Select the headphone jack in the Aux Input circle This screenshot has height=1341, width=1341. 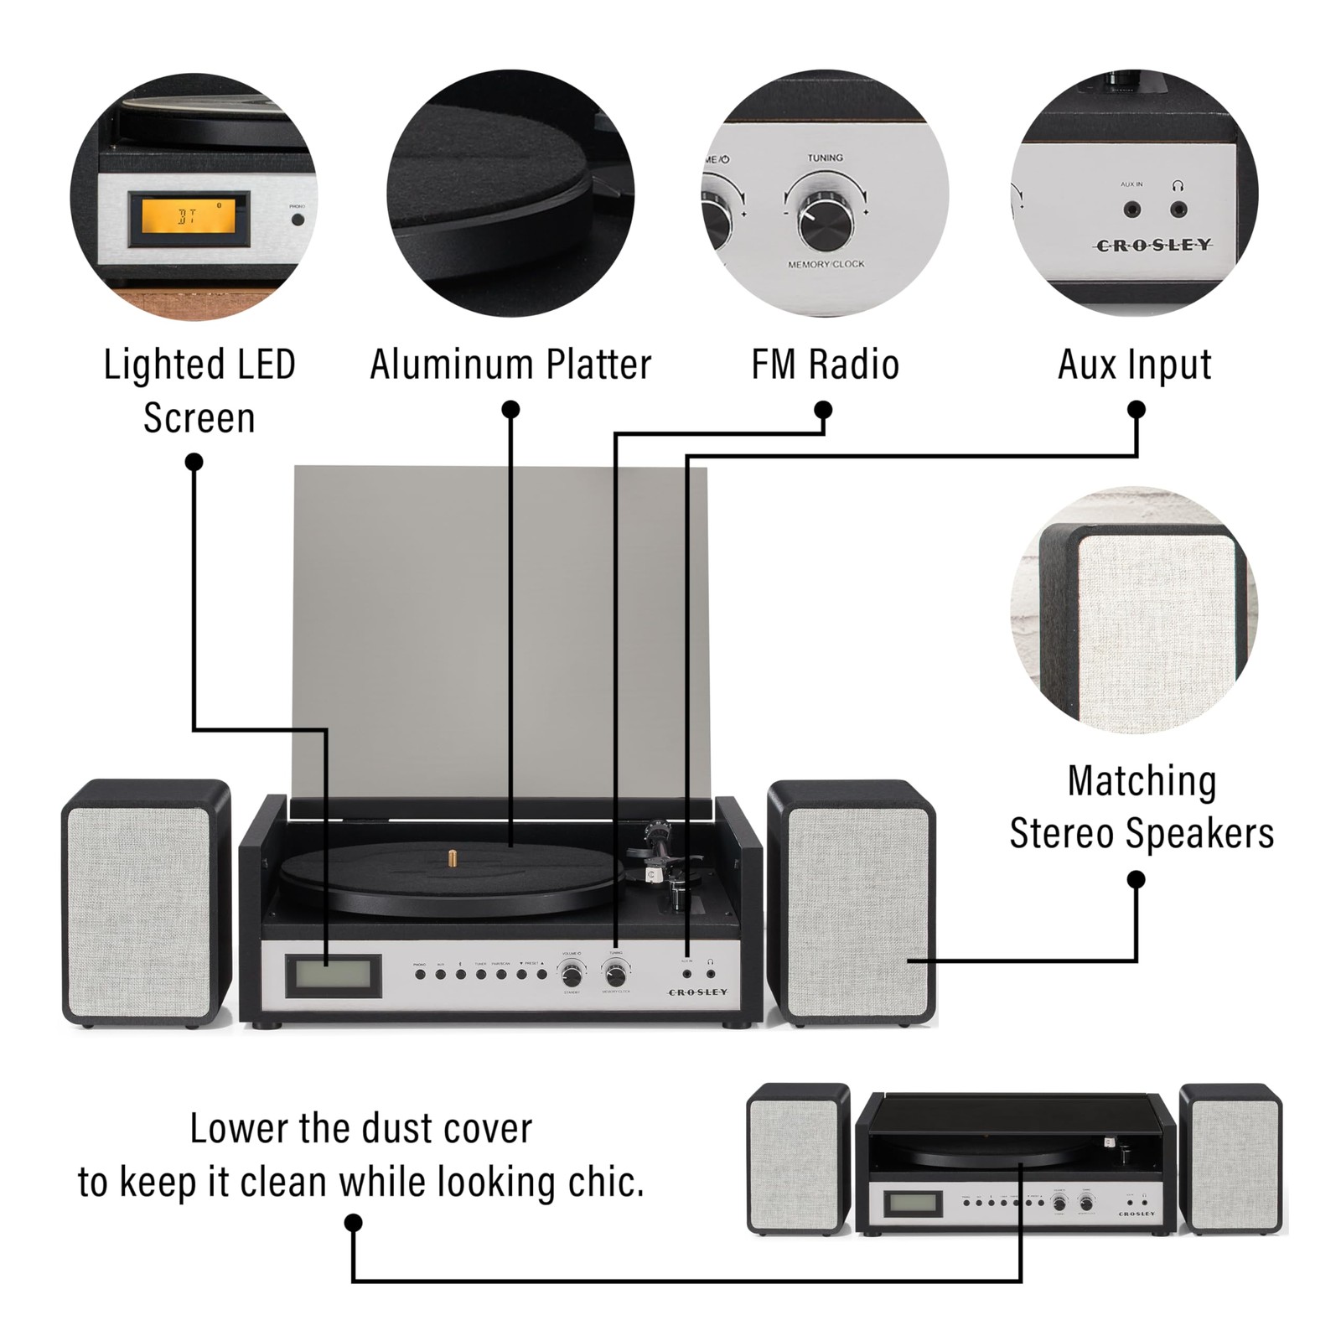pyautogui.click(x=1178, y=209)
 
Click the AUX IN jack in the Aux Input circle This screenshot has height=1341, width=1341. pyautogui.click(x=1132, y=209)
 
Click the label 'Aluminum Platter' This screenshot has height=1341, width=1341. pyautogui.click(x=510, y=365)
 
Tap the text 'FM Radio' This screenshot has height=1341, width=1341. pyautogui.click(x=825, y=365)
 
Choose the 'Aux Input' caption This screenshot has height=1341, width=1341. pyautogui.click(x=1134, y=365)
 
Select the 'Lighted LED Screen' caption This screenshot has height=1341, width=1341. pyautogui.click(x=199, y=391)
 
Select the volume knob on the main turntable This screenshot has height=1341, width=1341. pyautogui.click(x=572, y=976)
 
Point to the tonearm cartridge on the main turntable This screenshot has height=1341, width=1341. pyautogui.click(x=650, y=873)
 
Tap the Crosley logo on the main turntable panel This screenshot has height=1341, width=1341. pyautogui.click(x=697, y=992)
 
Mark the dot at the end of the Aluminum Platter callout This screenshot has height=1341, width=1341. pyautogui.click(x=510, y=410)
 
